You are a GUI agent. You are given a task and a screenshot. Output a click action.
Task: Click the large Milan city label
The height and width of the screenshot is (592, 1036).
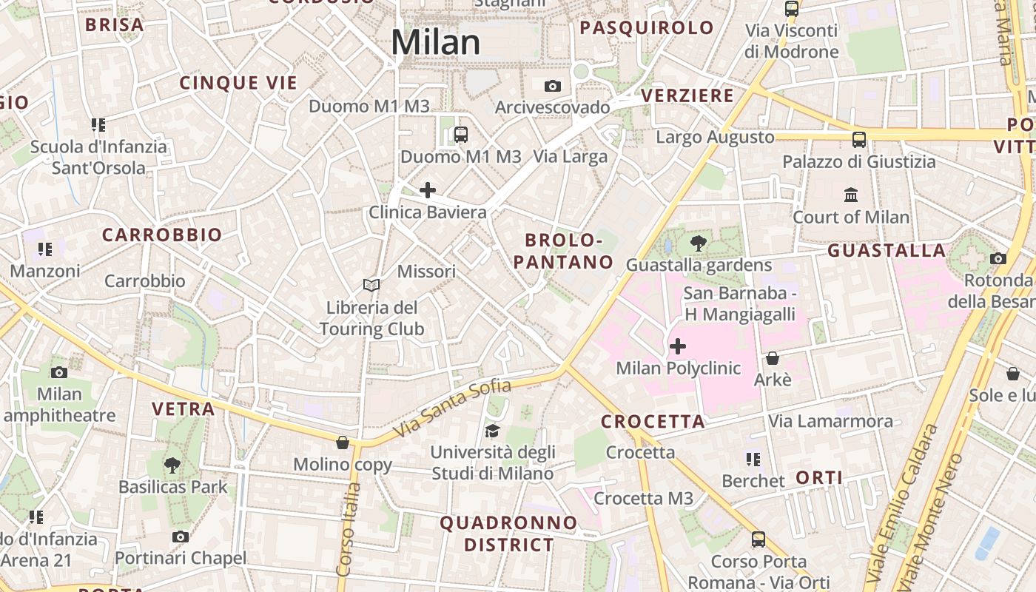tap(436, 41)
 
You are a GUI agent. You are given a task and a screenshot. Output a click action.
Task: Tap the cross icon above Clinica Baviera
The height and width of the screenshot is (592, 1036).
tap(428, 191)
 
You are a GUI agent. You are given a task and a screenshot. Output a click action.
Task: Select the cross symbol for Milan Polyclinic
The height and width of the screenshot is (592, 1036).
tap(677, 346)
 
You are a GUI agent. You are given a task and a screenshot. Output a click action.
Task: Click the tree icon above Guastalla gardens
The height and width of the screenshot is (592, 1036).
tap(697, 243)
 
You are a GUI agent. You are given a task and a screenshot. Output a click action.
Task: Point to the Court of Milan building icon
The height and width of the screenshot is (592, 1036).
tap(851, 195)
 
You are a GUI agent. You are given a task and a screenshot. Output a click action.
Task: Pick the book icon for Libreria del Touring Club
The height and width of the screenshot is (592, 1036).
tap(371, 285)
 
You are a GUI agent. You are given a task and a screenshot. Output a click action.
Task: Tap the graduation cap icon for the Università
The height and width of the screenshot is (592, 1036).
tap(492, 431)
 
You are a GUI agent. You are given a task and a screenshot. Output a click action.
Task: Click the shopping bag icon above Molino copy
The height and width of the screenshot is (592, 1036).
tap(343, 443)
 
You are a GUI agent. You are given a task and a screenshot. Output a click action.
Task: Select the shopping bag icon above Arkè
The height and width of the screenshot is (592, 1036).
tap(773, 358)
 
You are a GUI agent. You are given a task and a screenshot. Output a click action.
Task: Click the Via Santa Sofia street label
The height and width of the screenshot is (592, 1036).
tap(452, 408)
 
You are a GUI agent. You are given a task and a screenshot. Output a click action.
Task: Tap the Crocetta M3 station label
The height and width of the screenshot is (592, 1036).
tap(643, 499)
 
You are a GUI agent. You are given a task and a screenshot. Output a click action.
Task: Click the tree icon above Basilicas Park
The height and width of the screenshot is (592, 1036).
tap(172, 465)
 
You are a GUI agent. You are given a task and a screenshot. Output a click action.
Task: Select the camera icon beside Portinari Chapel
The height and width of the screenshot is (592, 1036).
tap(180, 536)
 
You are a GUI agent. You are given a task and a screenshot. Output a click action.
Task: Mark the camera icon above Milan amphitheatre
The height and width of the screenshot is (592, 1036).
tap(59, 372)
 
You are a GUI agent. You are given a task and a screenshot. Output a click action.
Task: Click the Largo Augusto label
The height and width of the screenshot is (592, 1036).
tap(715, 137)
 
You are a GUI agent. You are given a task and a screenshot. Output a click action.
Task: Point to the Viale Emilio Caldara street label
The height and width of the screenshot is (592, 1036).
tap(902, 503)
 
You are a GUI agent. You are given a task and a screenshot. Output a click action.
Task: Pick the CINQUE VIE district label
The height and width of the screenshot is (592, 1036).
tap(238, 83)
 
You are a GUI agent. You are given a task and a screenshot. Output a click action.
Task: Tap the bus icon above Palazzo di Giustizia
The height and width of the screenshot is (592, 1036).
tap(859, 139)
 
